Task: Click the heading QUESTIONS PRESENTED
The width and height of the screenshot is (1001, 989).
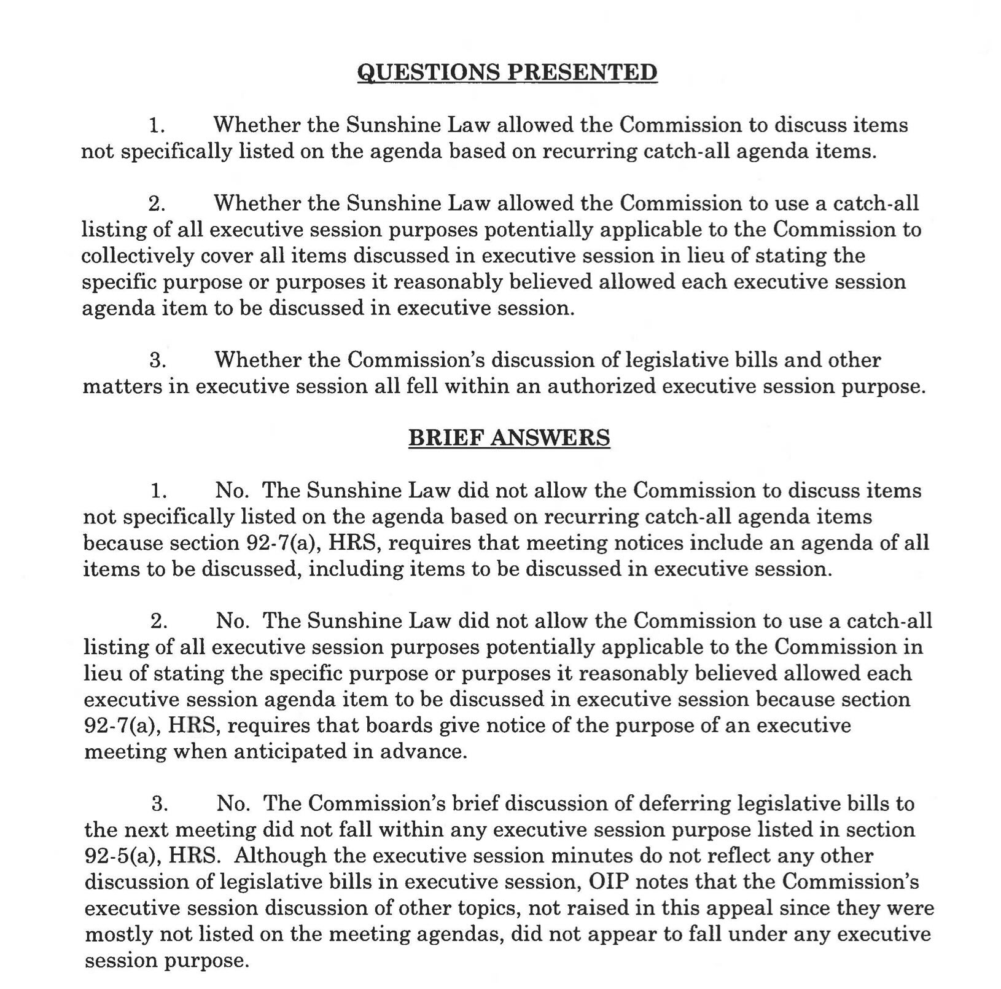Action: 507,72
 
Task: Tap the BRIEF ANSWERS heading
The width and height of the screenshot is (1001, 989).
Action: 509,437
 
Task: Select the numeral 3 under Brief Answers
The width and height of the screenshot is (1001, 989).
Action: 159,803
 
